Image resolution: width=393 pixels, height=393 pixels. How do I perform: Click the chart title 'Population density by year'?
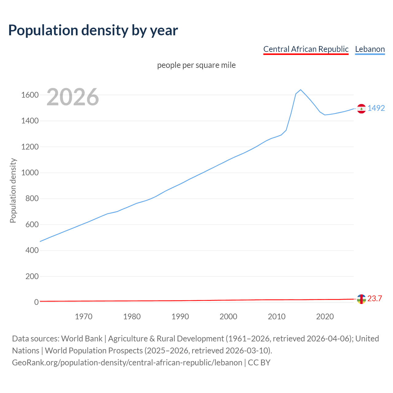(x=93, y=30)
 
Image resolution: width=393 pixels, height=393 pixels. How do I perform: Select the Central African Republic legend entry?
(x=306, y=49)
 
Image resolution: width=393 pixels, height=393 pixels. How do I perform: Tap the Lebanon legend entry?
(x=370, y=49)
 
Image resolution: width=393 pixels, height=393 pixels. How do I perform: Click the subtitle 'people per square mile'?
(x=196, y=65)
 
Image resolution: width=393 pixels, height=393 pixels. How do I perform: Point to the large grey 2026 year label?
(x=73, y=97)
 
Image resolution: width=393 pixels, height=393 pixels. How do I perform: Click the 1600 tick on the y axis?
(x=30, y=95)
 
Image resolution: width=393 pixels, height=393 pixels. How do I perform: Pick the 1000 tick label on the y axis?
(x=30, y=173)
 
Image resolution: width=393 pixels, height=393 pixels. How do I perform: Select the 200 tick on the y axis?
(x=32, y=276)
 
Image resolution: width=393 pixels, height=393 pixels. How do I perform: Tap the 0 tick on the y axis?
(x=37, y=302)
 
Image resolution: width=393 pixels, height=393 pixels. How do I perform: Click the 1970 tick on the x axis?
(x=84, y=317)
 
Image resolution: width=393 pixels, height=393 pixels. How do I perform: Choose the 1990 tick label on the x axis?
(x=180, y=317)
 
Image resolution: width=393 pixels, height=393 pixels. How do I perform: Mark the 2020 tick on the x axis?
(x=325, y=317)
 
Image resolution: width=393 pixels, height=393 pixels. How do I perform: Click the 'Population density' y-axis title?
(x=13, y=190)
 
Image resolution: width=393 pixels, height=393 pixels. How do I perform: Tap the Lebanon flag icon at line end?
(x=361, y=109)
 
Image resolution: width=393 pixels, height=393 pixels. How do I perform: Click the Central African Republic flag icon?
(x=361, y=299)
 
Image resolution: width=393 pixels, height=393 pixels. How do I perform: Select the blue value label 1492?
(x=376, y=108)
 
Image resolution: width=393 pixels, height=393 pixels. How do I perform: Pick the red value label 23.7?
(x=375, y=298)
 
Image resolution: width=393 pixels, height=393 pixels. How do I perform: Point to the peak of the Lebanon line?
(x=301, y=90)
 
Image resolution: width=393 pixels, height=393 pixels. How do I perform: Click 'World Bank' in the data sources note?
(x=82, y=338)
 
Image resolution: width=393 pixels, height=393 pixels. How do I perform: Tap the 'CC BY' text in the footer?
(x=259, y=362)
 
